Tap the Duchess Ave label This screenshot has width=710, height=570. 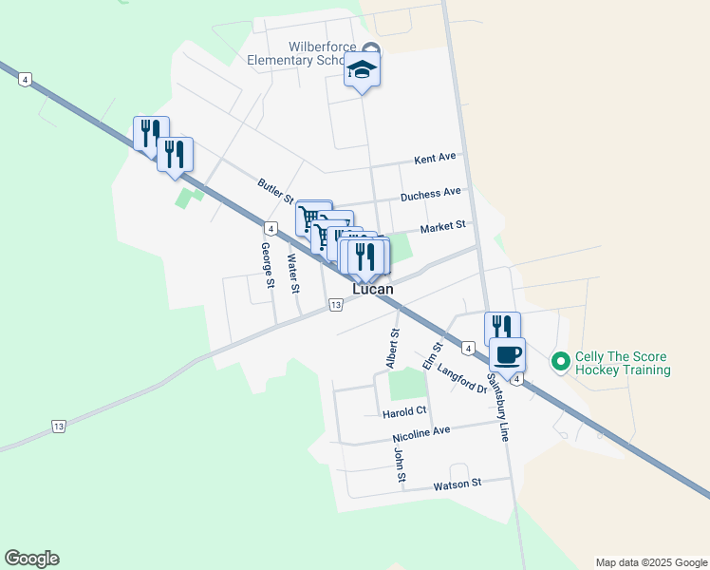[430, 194]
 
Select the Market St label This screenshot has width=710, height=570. [442, 227]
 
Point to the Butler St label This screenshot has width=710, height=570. [276, 190]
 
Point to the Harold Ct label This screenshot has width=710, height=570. [404, 412]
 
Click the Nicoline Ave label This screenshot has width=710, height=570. [420, 433]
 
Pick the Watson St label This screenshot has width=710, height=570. [458, 484]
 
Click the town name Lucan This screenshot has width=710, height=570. [373, 289]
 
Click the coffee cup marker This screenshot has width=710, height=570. [507, 355]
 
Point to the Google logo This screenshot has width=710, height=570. [31, 559]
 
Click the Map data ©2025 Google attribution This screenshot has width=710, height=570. [650, 562]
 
